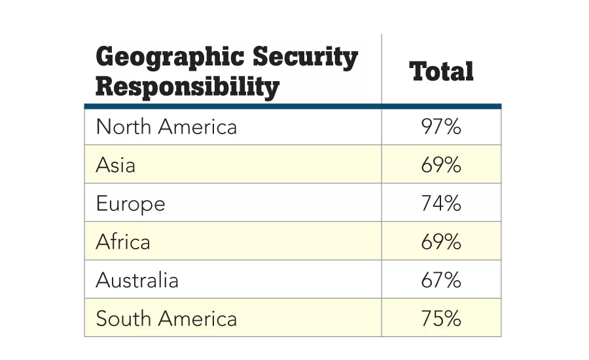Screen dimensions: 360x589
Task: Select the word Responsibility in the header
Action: tap(187, 86)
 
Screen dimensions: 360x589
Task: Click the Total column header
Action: tap(441, 71)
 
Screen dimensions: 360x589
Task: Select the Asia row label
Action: tap(116, 165)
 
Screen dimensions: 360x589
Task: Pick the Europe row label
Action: tap(130, 204)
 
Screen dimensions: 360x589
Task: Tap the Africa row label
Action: tap(123, 242)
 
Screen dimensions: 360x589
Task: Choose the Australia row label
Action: tap(137, 280)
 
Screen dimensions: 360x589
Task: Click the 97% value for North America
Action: tap(441, 126)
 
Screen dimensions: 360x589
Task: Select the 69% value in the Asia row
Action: tap(441, 165)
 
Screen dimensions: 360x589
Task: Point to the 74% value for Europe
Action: tap(441, 204)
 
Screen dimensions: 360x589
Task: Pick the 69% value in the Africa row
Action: tap(441, 242)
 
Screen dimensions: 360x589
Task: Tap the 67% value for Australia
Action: tap(441, 280)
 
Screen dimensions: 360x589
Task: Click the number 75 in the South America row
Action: tap(433, 319)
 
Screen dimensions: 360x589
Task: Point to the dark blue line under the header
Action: tap(293, 105)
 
